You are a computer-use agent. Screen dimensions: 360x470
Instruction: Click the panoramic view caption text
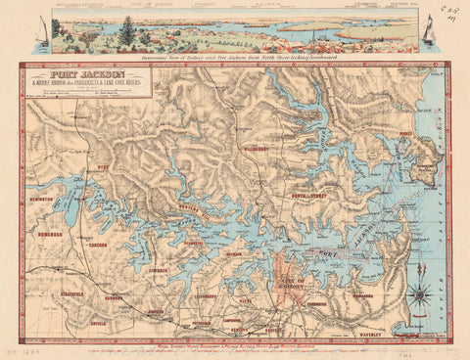(235, 58)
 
